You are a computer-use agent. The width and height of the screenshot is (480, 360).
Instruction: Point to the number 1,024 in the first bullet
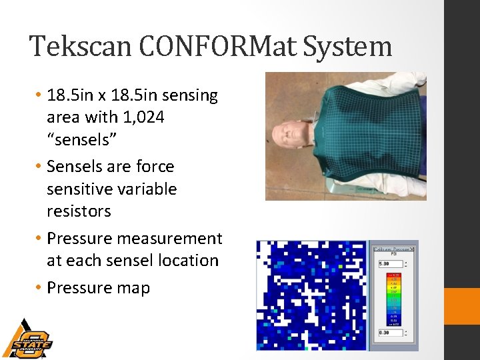(143, 117)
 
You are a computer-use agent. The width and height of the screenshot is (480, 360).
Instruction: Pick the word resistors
(79, 211)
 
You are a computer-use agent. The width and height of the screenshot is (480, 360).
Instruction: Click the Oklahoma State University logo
(27, 338)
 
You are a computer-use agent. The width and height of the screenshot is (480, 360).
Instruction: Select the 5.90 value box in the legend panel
(391, 264)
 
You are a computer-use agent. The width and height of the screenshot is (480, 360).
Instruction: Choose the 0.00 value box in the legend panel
(391, 332)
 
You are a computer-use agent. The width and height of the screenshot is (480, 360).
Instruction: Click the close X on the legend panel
(413, 248)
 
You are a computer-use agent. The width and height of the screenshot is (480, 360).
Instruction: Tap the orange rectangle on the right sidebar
(462, 306)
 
